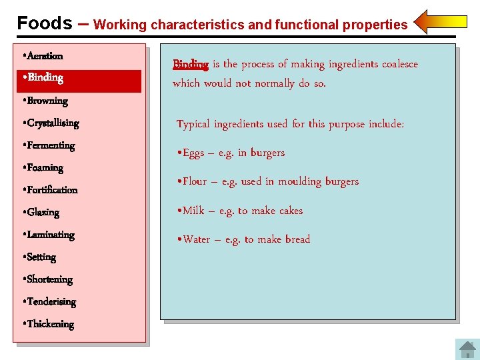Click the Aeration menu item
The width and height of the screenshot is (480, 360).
click(45, 56)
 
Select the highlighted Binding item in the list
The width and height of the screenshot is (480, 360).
click(45, 78)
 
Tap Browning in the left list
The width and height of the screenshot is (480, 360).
click(47, 101)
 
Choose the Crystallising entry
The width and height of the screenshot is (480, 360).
click(53, 123)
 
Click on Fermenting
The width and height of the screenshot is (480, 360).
click(51, 145)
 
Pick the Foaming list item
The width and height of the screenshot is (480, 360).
click(45, 168)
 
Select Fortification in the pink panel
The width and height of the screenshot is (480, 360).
click(52, 190)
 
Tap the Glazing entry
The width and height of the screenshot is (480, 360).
click(43, 213)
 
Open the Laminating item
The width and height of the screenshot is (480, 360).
click(51, 235)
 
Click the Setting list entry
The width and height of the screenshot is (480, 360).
click(41, 257)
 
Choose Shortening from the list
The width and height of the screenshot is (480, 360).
click(49, 279)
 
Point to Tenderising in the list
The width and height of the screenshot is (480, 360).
click(51, 302)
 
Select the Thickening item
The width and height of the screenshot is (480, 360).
click(50, 324)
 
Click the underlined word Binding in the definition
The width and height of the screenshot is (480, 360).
click(191, 64)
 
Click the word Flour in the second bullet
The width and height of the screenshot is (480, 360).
click(195, 181)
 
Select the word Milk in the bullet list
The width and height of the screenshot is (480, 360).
click(193, 211)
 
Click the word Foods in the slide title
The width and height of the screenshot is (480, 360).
click(45, 23)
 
